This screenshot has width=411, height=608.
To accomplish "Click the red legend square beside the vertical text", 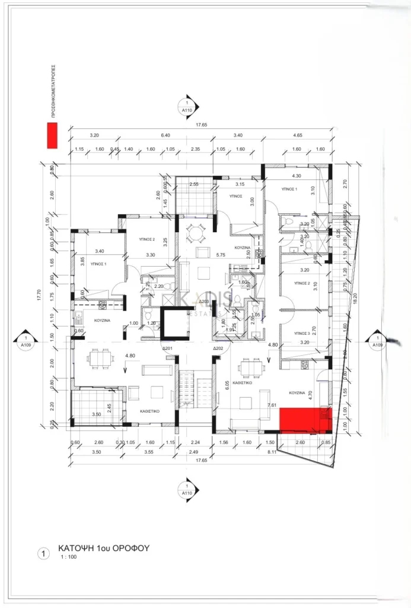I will click(x=52, y=136).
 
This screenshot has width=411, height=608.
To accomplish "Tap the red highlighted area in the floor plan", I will click(x=300, y=420).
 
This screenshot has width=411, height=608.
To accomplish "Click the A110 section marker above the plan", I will click(x=187, y=106).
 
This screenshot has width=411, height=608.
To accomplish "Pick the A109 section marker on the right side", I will click(x=375, y=340).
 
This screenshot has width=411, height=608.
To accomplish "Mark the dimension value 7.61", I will click(x=272, y=404).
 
